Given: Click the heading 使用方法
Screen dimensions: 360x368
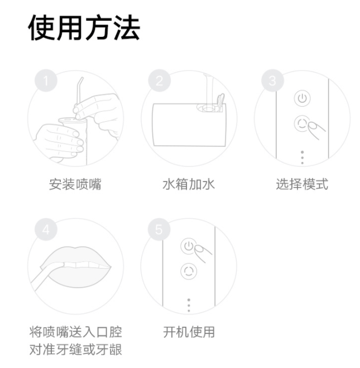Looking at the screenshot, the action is coord(84,28).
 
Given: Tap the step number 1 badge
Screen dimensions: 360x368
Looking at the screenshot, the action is coord(46,80).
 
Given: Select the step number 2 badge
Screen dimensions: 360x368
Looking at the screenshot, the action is coord(159,80).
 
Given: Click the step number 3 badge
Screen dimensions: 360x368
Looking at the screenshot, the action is coord(272,80).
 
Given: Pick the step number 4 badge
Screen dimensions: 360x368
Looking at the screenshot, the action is coord(46,229).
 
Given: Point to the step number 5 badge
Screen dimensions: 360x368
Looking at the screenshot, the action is coord(159,229).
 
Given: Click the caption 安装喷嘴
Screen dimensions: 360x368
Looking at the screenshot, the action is coord(75,184).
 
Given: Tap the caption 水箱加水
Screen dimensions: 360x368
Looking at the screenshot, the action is coord(189,184).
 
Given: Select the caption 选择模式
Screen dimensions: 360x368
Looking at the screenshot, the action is coord(302,184).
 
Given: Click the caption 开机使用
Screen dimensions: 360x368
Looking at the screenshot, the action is coord(189,332).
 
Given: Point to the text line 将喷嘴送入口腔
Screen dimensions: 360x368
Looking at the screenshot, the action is coord(75,332).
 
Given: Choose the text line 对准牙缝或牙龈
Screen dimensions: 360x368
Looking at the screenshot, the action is coord(75,350).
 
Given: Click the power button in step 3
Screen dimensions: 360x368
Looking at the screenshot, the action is coord(302,98).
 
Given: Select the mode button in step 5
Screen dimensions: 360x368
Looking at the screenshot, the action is coord(189,271).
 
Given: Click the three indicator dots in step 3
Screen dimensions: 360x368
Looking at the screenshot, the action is coord(303,157).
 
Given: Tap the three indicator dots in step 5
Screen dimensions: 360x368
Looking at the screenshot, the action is coord(189,305).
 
